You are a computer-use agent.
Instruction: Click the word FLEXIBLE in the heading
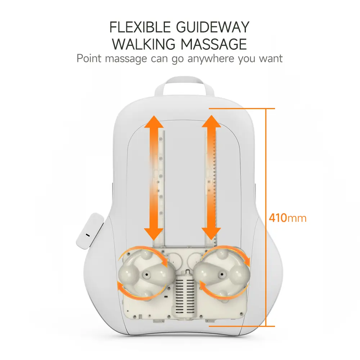pyautogui.click(x=140, y=27)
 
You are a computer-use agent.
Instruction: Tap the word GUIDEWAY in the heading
pyautogui.click(x=213, y=27)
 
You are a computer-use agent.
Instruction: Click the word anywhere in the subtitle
pyautogui.click(x=211, y=59)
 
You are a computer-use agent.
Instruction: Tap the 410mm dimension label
pyautogui.click(x=288, y=218)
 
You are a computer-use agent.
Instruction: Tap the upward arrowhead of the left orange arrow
pyautogui.click(x=154, y=122)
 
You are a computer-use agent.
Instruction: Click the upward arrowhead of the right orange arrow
pyautogui.click(x=211, y=121)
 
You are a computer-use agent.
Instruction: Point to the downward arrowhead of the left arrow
pyautogui.click(x=154, y=234)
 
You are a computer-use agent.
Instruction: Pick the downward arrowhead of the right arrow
pyautogui.click(x=211, y=234)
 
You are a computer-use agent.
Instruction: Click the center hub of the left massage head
pyautogui.click(x=146, y=274)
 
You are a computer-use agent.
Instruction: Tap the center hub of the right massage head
pyautogui.click(x=222, y=274)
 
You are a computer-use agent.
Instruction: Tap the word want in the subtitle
pyautogui.click(x=271, y=59)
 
